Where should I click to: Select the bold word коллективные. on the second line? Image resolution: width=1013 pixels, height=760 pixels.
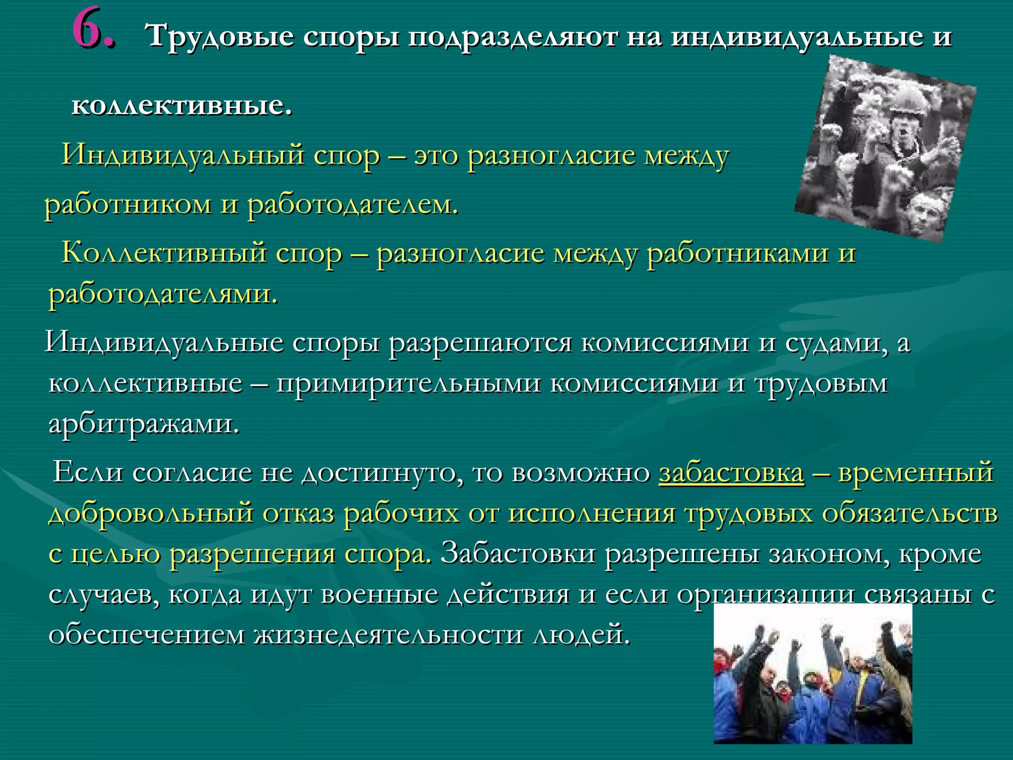pyautogui.click(x=182, y=105)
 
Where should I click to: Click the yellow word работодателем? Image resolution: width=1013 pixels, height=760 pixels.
pyautogui.click(x=353, y=204)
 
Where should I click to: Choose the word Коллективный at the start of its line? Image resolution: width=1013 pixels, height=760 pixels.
pyautogui.click(x=163, y=253)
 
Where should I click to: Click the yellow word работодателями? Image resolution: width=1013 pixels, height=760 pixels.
pyautogui.click(x=163, y=294)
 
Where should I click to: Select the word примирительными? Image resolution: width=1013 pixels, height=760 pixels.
pyautogui.click(x=408, y=383)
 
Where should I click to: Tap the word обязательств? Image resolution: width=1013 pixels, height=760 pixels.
pyautogui.click(x=910, y=513)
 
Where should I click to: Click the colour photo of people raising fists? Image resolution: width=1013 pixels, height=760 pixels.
pyautogui.click(x=812, y=683)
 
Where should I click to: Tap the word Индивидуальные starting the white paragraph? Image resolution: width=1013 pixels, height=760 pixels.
pyautogui.click(x=164, y=343)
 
